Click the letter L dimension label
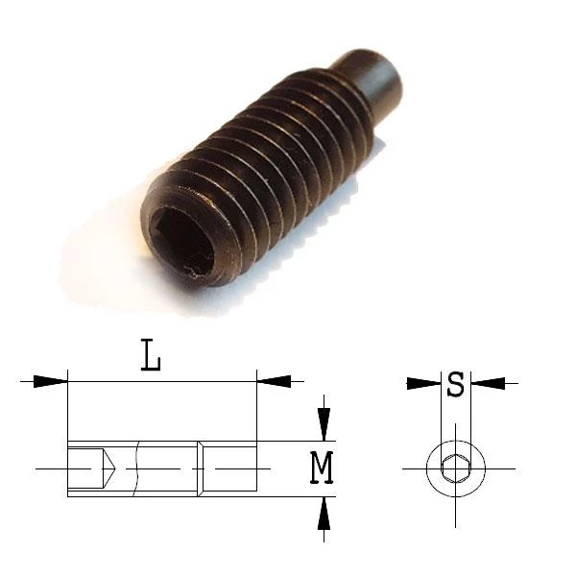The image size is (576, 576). pyautogui.click(x=151, y=355)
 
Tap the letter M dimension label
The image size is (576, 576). pyautogui.click(x=322, y=468)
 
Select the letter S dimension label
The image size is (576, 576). pyautogui.click(x=455, y=384)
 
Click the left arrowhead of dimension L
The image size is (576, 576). pyautogui.click(x=51, y=381)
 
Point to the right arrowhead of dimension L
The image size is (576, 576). pyautogui.click(x=274, y=381)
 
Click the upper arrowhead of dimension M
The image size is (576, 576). pyautogui.click(x=324, y=424)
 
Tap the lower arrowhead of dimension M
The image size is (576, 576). pyautogui.click(x=324, y=514)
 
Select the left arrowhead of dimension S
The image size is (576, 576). pyautogui.click(x=424, y=383)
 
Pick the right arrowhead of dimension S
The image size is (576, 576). pyautogui.click(x=488, y=383)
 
